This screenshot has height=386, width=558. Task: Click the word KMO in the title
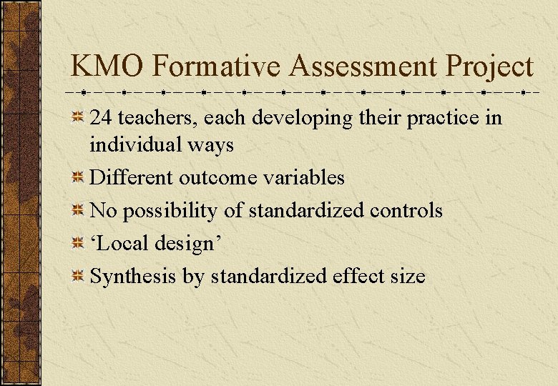click(108, 67)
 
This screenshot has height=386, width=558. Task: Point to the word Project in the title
click(490, 67)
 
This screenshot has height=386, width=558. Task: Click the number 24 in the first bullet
click(100, 118)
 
